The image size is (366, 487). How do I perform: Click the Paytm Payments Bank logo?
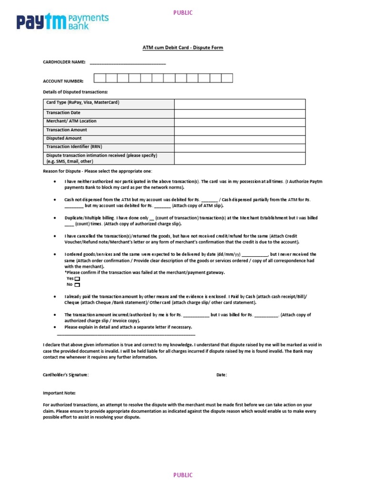[62, 22]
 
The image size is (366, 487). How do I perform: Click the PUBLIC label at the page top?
[183, 13]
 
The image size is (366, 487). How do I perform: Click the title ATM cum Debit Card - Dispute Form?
[183, 48]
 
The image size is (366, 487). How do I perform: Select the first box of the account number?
[100, 78]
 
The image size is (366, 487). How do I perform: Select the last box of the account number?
[227, 78]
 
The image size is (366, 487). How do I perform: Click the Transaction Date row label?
[63, 113]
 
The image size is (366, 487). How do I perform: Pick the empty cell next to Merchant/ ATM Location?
[240, 122]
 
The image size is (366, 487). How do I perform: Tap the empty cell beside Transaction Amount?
[240, 130]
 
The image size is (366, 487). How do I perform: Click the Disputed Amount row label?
[64, 138]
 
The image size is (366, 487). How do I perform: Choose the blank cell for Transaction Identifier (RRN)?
[240, 147]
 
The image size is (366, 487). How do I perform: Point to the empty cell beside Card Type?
[240, 104]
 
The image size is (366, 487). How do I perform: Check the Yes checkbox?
[77, 279]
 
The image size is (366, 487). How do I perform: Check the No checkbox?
[77, 285]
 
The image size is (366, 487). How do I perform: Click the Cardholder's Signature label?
[66, 375]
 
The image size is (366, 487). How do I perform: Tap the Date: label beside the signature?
[222, 375]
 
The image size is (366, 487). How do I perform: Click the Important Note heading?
[59, 393]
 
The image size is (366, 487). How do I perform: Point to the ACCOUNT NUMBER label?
[63, 81]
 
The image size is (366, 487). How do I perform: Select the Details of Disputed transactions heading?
[75, 91]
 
